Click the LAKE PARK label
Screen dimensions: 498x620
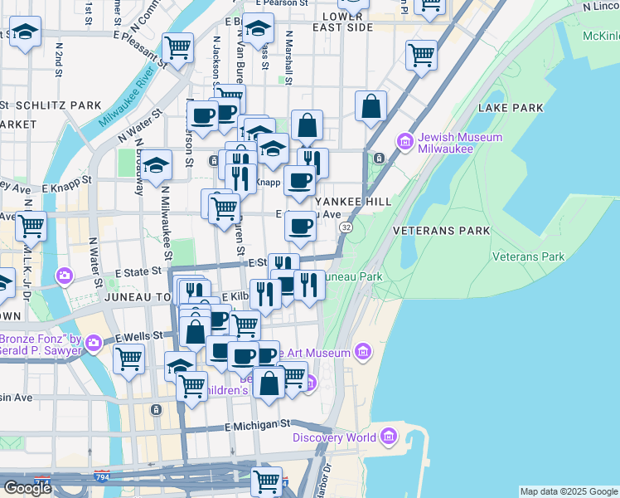pos(511,108)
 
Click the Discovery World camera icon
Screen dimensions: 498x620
pos(388,437)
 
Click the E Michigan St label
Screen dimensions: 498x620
pos(259,426)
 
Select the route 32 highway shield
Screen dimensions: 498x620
pos(346,227)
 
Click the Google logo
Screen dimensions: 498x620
pos(27,488)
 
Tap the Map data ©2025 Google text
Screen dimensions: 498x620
pos(569,491)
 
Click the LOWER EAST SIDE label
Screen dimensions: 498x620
pos(342,22)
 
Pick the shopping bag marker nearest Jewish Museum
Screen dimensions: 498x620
pos(371,106)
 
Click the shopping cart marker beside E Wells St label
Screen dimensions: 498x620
pos(128,360)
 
